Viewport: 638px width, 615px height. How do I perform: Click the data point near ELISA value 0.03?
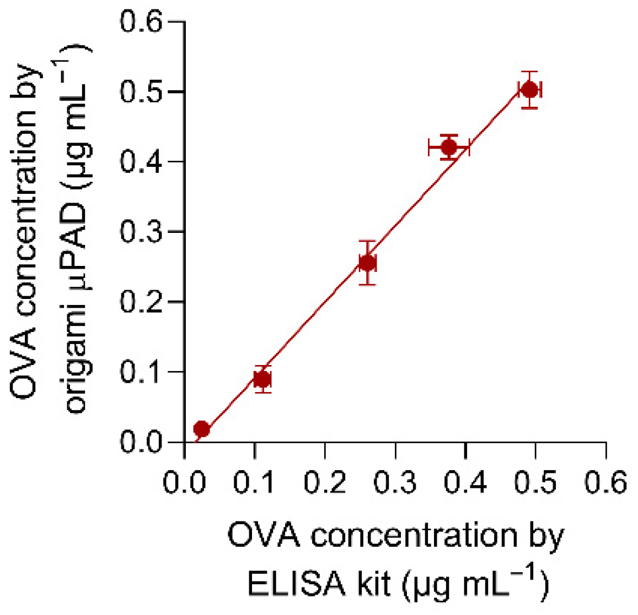coord(202,429)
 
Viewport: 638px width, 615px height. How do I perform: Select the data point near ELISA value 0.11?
coord(262,379)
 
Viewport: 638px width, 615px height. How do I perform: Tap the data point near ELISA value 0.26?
coord(367,263)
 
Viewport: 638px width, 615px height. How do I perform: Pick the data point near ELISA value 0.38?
coord(449,148)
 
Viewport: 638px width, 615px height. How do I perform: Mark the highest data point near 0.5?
coord(529,90)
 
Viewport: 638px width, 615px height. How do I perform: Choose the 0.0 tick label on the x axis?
coord(185,483)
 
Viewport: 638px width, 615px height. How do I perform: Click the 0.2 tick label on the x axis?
coord(325,483)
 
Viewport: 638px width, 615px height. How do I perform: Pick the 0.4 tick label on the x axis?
coord(466,483)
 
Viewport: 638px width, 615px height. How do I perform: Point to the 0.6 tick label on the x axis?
coord(606,483)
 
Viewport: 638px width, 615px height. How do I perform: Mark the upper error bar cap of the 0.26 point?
coord(367,241)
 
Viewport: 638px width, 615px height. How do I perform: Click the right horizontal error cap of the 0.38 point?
coord(469,148)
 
